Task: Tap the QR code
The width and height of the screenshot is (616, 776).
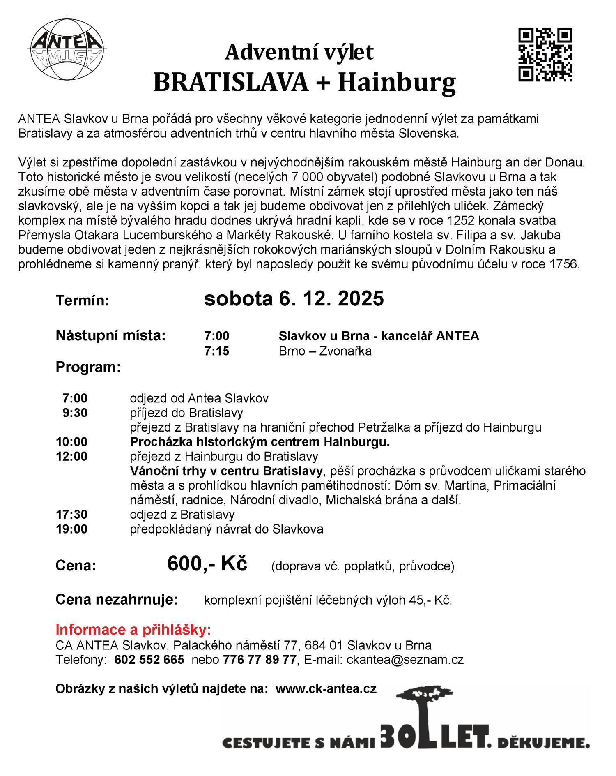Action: coord(545,55)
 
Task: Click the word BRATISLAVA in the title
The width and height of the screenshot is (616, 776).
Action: coord(231,82)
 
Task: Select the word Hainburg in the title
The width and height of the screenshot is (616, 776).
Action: coord(397,82)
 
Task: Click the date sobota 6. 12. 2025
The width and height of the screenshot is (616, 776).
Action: coord(294,299)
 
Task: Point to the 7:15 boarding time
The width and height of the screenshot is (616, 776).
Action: coord(217,351)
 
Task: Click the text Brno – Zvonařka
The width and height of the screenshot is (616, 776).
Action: coord(325,351)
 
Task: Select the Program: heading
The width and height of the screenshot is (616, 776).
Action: coord(88,367)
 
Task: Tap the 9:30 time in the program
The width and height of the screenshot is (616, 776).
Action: coord(75,413)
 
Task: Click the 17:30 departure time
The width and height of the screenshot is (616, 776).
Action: coord(71,515)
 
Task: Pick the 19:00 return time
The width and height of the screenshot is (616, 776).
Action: coord(71,529)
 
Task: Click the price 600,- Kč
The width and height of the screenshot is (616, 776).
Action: coord(207,564)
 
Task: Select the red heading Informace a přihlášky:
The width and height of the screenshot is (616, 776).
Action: coord(133,630)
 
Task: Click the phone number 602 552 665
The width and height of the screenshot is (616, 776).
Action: coord(149,660)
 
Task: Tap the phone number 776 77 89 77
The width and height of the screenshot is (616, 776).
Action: coord(260,660)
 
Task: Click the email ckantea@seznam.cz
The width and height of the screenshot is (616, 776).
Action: coord(405,660)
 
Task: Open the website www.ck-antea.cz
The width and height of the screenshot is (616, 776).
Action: coord(326,689)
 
